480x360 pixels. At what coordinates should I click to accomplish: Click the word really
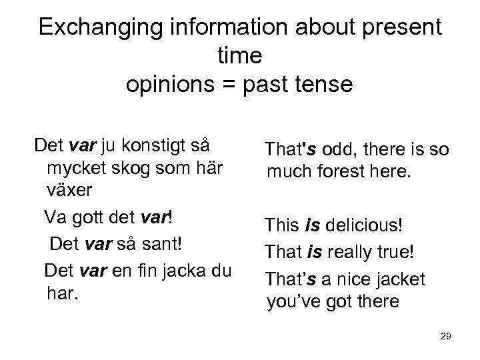pyautogui.click(x=345, y=252)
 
